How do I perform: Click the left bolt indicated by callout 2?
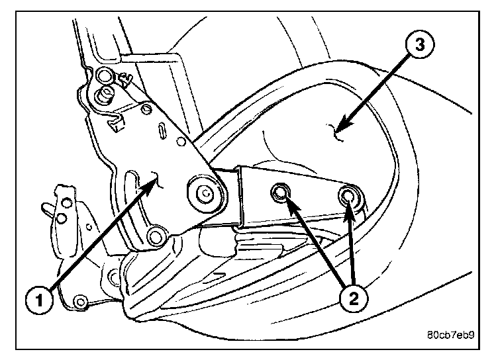pyautogui.click(x=280, y=193)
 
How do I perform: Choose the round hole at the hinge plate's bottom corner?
pyautogui.click(x=156, y=234)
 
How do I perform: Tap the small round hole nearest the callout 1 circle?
pyautogui.click(x=81, y=302)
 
